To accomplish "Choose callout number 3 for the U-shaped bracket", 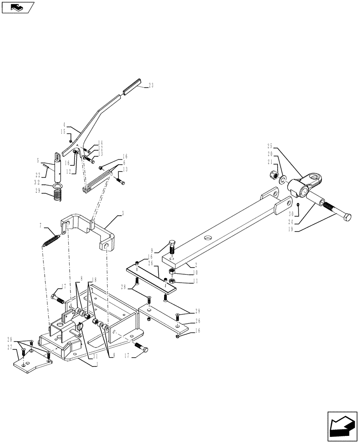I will pos(122,213).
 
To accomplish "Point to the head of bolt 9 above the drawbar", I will pos(173,244).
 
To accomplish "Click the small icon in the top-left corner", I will pos(17,7).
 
